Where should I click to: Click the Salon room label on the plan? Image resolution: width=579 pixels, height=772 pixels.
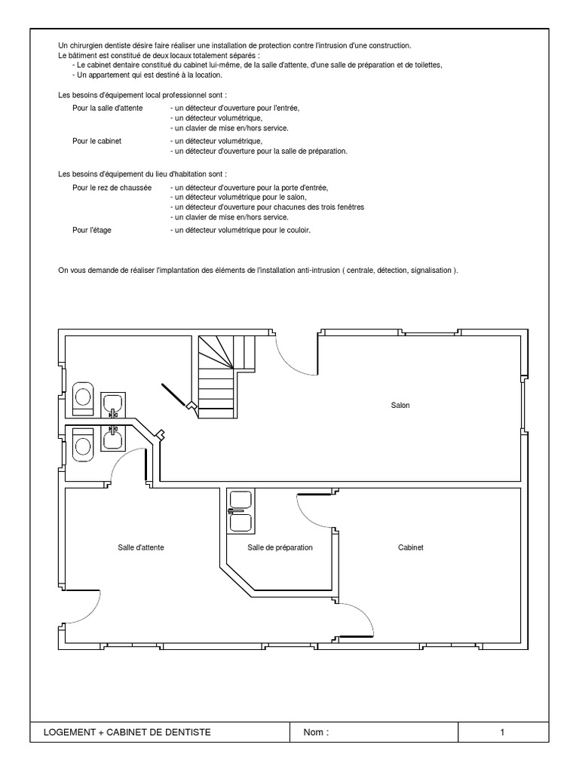400,406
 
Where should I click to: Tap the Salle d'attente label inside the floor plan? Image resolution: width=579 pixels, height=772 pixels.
141,547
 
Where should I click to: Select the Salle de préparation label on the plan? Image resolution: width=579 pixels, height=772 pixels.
280,547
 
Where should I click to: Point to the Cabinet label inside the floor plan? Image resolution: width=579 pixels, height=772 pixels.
411,547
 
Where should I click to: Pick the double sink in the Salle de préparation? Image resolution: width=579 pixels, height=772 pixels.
240,511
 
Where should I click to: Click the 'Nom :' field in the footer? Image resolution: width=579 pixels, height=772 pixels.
317,732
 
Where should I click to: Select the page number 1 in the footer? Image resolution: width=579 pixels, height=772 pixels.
502,732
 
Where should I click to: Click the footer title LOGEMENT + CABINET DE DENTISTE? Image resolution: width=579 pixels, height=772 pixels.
128,732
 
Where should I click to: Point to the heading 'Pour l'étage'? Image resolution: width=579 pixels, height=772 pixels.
92,230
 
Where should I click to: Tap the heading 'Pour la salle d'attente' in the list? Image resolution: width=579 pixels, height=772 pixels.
108,108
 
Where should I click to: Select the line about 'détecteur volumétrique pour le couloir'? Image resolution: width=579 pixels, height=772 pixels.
240,230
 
